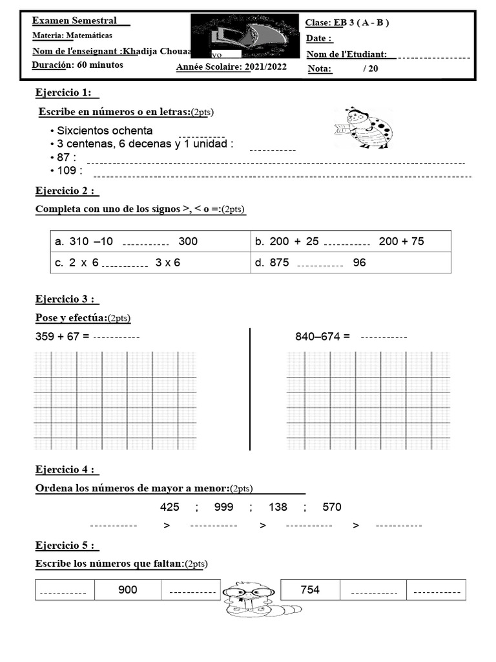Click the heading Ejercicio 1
coord(66,93)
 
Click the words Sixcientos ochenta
coord(105,131)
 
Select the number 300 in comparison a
coord(188,242)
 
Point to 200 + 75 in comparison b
coord(401,242)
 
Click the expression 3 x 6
coord(168,263)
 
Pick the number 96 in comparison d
coord(360,263)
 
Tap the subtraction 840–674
coord(322,337)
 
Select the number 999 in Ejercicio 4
coord(223,507)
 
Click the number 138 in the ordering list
coord(278,507)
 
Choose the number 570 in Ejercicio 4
coord(331,507)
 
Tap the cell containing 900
coord(128,590)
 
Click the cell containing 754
coord(310,590)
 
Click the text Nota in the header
coord(320,69)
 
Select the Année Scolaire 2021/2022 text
coord(231,67)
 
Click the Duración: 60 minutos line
coord(77,65)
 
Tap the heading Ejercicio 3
coord(66,299)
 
